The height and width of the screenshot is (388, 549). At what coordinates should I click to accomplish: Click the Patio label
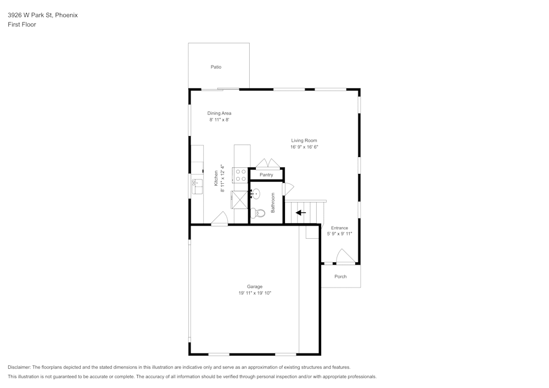pos(216,67)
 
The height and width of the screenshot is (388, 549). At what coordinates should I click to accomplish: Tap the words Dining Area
pos(219,113)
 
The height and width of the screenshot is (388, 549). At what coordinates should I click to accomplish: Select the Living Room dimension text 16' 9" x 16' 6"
pos(304,147)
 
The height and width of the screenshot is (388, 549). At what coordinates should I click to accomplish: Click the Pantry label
pos(266,175)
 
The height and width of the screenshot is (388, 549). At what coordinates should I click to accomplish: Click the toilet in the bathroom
pos(259,213)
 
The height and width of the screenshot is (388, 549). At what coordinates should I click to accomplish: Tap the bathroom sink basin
pos(255,193)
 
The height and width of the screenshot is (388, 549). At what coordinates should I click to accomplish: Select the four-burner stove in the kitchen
pos(241,175)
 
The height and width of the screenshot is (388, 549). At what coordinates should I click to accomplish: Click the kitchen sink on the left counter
pos(197,187)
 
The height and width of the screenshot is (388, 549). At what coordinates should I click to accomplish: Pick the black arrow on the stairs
pos(301,212)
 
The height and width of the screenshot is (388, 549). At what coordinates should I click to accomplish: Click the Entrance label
pos(339,228)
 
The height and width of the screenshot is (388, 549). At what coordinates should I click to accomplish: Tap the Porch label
pos(340,277)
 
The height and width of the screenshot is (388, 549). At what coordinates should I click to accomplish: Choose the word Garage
pos(255,286)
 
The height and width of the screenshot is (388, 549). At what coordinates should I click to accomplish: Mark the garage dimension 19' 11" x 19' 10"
pos(255,294)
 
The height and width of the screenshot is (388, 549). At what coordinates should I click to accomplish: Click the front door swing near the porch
pos(345,257)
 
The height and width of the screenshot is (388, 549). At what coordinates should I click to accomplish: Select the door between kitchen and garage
pos(220,219)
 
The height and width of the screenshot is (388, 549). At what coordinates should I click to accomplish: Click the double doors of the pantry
pos(267,164)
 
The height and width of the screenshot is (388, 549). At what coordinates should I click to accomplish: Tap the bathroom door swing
pos(287,189)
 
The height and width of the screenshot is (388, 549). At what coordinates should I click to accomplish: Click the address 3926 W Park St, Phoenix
pos(43,15)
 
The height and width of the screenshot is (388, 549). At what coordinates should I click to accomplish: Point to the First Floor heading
pos(22,25)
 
